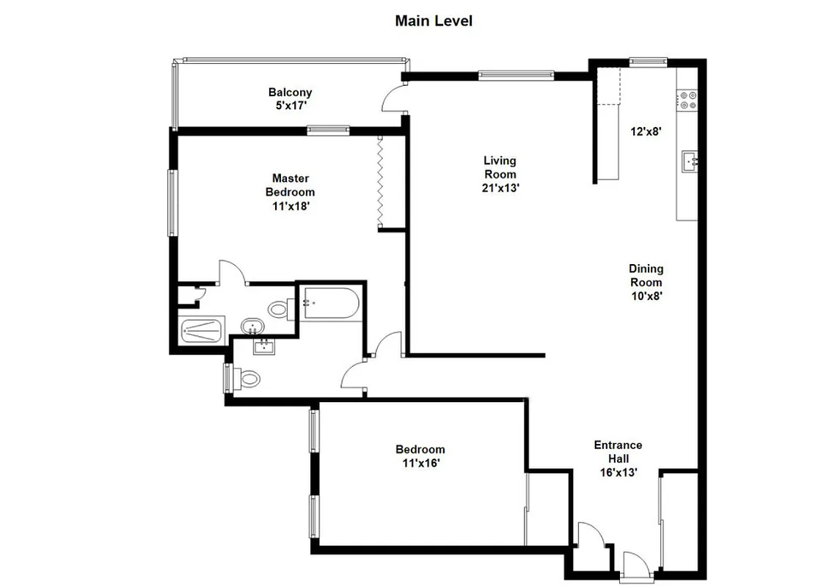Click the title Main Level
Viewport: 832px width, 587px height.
(433, 21)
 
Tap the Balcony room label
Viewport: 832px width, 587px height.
(290, 92)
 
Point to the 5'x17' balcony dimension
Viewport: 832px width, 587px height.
(290, 106)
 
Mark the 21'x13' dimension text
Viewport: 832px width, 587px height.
(500, 188)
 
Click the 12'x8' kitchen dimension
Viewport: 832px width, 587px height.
(646, 132)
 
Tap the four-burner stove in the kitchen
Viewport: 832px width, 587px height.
(687, 100)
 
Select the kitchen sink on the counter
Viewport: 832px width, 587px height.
(689, 161)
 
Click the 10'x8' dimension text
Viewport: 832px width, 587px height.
(646, 296)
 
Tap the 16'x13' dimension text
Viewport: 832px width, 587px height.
(618, 473)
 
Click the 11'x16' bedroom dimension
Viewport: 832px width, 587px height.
(420, 463)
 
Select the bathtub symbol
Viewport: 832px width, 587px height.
(331, 303)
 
